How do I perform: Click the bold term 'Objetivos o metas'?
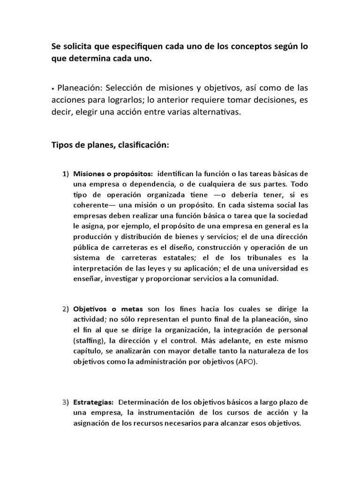[108, 309]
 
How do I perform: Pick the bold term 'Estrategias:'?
[93, 403]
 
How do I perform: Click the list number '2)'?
[66, 309]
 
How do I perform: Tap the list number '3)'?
[66, 403]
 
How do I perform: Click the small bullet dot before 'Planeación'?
[53, 89]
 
